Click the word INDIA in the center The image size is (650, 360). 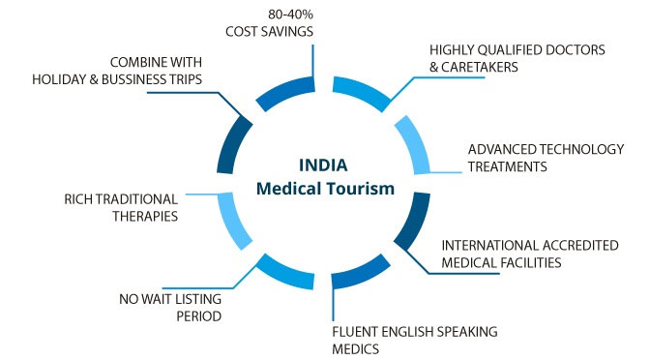323,165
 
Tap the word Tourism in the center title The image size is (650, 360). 360,189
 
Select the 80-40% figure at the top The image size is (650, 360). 290,15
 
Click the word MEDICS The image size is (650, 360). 356,349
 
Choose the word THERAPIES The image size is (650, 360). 145,217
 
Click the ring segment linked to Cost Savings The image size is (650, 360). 285,92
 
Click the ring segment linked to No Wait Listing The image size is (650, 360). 285,274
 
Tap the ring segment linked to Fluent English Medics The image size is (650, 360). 362,273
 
